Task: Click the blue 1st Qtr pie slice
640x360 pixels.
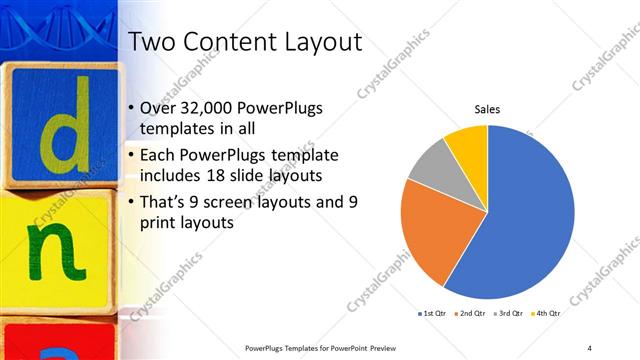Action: click(x=520, y=220)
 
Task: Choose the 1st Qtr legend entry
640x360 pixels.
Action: click(x=432, y=315)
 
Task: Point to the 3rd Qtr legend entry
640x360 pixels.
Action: click(x=509, y=315)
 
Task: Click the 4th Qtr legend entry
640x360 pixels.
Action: click(x=545, y=315)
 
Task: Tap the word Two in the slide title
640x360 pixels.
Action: click(x=156, y=42)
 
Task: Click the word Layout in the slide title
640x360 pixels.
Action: click(x=319, y=42)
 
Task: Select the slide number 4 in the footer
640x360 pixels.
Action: click(x=589, y=348)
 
